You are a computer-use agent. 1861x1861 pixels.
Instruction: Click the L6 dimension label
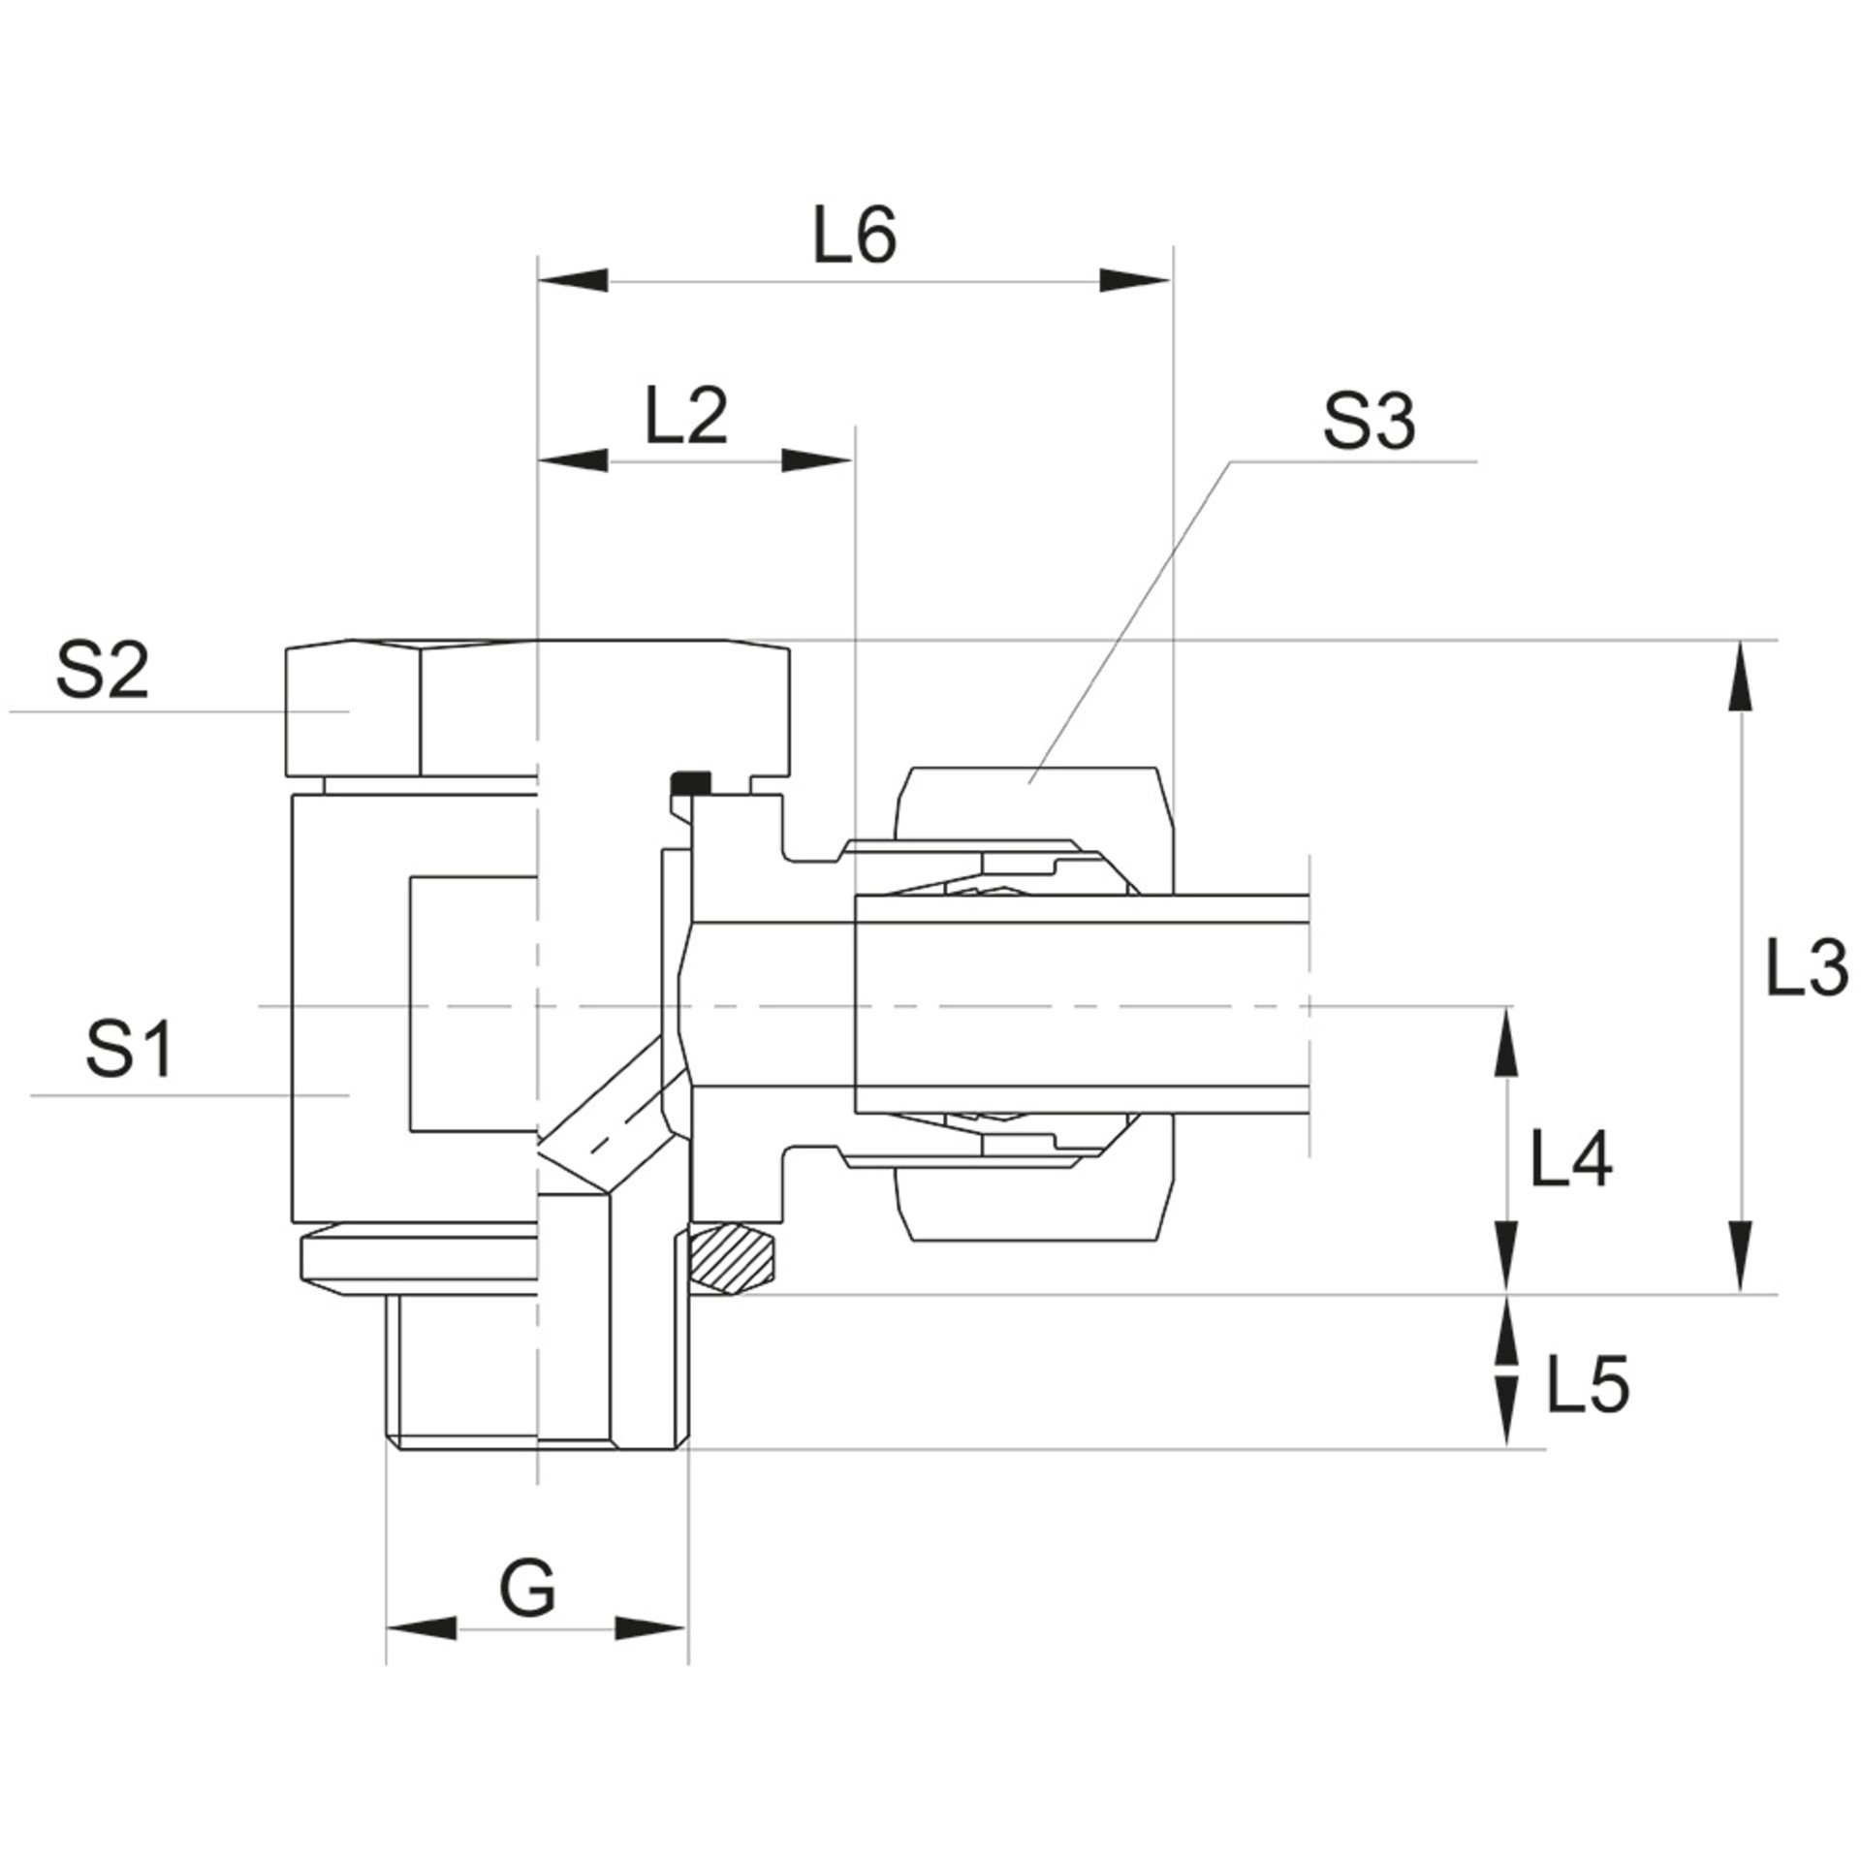pyautogui.click(x=854, y=237)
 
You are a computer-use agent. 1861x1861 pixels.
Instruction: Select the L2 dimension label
pyautogui.click(x=686, y=417)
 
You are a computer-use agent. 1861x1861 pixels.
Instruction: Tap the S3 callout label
pyautogui.click(x=1369, y=423)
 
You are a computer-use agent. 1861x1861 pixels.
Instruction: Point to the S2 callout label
pyautogui.click(x=102, y=672)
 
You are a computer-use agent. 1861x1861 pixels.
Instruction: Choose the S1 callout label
pyautogui.click(x=130, y=1050)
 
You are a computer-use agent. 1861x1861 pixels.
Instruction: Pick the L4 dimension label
pyautogui.click(x=1570, y=1160)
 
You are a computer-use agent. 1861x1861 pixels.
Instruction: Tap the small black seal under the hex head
pyautogui.click(x=690, y=780)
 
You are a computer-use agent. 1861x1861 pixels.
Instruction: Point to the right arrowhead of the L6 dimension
pyautogui.click(x=1135, y=281)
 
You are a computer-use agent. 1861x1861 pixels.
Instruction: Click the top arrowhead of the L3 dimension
pyautogui.click(x=1741, y=677)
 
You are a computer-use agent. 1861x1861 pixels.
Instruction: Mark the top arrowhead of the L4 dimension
pyautogui.click(x=1505, y=1043)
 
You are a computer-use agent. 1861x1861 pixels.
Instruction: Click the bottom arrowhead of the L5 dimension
pyautogui.click(x=1505, y=1438)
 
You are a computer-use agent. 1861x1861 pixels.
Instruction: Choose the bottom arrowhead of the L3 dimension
pyautogui.click(x=1741, y=1256)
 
